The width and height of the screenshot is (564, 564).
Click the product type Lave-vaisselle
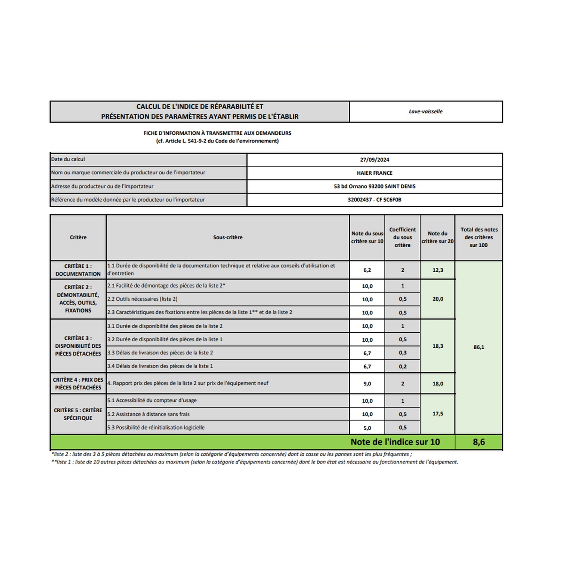click(x=425, y=112)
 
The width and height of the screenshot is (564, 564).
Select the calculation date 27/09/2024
click(x=375, y=160)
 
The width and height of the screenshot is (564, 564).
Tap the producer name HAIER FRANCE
click(x=375, y=173)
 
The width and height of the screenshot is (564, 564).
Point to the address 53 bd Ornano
click(x=375, y=187)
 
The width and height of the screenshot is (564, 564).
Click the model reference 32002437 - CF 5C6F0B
click(x=375, y=200)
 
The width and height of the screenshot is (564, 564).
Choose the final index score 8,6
click(x=478, y=442)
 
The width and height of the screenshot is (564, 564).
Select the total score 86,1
click(x=478, y=347)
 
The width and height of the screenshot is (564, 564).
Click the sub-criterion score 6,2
click(x=367, y=270)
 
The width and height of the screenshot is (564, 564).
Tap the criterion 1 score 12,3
click(x=438, y=270)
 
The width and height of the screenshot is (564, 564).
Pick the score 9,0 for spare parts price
click(x=367, y=384)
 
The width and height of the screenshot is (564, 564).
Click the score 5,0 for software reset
click(x=367, y=428)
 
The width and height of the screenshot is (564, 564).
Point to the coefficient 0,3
click(x=403, y=353)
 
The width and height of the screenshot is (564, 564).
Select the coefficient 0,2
click(x=403, y=367)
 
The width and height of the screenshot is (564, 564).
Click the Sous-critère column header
click(x=228, y=238)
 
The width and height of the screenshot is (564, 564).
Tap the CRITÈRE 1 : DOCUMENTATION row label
click(x=78, y=270)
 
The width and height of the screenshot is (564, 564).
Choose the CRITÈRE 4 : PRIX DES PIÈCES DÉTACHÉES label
click(x=78, y=384)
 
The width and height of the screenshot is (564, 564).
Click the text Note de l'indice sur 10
click(x=395, y=442)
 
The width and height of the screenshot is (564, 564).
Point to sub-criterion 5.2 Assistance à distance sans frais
click(x=149, y=415)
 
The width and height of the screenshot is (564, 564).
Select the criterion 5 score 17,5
click(x=438, y=414)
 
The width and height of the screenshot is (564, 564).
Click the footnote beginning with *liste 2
click(x=231, y=454)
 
